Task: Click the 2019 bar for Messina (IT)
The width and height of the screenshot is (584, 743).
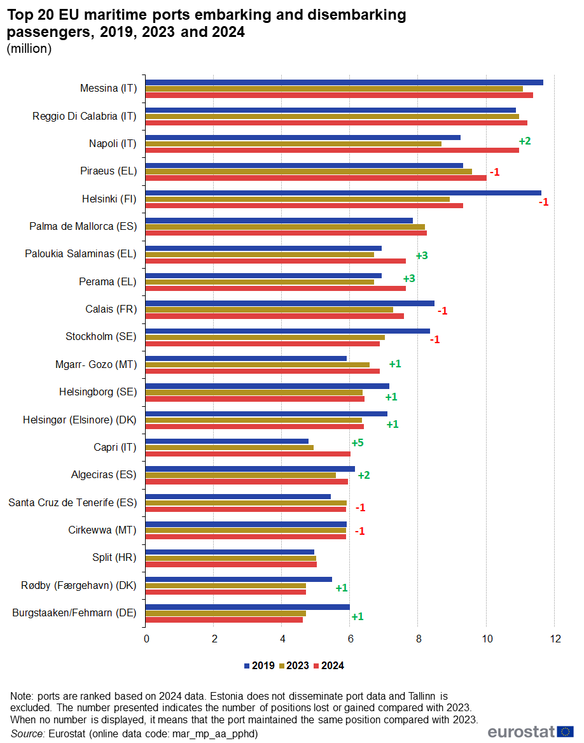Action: pos(344,82)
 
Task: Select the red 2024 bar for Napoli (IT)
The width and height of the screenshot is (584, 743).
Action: pos(332,150)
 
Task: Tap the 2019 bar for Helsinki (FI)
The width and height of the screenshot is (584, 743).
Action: pos(343,193)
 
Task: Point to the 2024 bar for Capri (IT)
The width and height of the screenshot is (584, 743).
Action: pos(248,454)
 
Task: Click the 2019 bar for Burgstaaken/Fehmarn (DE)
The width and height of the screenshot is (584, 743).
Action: pos(247,607)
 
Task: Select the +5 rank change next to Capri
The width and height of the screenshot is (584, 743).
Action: pos(358,442)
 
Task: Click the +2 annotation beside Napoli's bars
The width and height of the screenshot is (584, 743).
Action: pos(525,141)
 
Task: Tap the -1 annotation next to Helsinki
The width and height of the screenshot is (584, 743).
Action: pos(543,202)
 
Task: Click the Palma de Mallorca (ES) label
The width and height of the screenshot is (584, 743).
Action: pos(83,226)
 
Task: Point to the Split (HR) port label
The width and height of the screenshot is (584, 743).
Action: pos(115,558)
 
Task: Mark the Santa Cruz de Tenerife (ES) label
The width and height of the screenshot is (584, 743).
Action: pos(73,502)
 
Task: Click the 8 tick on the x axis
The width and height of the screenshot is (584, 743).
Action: pos(418,639)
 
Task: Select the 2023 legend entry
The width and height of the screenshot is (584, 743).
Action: pos(293,666)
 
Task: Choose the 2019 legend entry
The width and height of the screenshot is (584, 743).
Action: pos(259,666)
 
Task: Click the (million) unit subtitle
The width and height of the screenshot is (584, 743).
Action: pos(29,49)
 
